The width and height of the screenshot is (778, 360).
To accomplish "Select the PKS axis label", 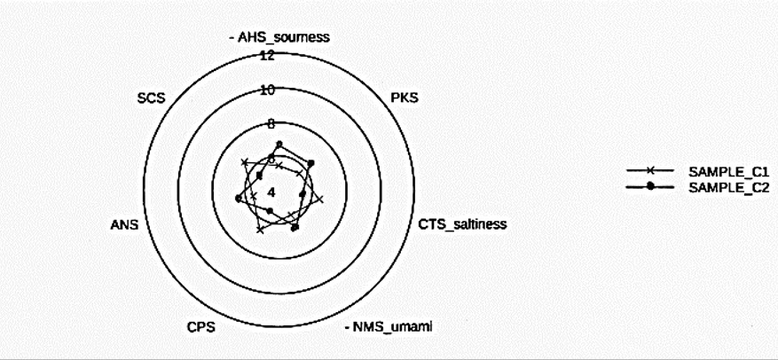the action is point(405,98).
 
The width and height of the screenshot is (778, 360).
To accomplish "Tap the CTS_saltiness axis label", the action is point(462,224).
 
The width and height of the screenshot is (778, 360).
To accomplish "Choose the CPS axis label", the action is point(201,328).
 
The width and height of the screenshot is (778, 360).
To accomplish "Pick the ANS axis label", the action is point(124,224).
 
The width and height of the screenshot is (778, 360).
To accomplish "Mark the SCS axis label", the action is point(152,98).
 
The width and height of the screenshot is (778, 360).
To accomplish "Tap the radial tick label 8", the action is point(271,124).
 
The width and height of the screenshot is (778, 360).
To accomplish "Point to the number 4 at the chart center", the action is point(271,192).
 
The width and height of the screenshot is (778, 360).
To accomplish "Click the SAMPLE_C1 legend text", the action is point(728,173).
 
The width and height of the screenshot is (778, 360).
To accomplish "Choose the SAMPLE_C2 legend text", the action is point(728,189).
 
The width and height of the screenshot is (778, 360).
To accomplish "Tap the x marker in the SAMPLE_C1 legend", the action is point(650,170).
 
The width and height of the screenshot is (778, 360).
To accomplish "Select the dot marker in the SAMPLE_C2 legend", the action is point(650,186).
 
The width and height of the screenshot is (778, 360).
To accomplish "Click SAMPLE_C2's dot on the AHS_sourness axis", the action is point(279,145).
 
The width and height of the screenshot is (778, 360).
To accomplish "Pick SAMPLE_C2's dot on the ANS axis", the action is point(238,199).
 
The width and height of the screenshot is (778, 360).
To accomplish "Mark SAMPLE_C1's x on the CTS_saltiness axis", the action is point(320,200).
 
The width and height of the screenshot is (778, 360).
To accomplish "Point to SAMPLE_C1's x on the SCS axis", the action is point(244,162).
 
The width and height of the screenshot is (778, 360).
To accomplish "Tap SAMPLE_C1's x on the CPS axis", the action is point(259,230).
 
